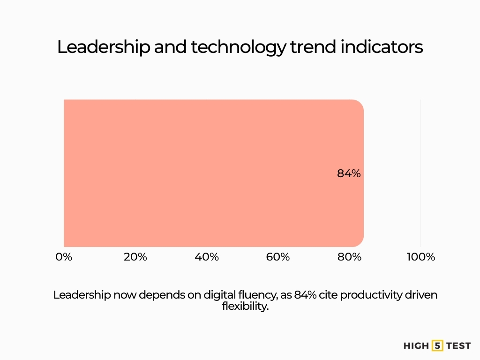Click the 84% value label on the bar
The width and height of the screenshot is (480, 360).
[x=349, y=173]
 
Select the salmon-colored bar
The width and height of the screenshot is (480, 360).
[x=211, y=173]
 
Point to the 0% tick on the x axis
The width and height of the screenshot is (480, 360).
[x=64, y=257]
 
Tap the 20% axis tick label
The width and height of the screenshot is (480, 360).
[x=135, y=257]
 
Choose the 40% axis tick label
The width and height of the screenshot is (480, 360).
[x=207, y=257]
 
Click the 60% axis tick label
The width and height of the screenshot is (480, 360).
[x=278, y=257]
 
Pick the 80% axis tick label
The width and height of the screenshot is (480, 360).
[x=350, y=257]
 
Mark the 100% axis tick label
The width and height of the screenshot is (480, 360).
[x=420, y=257]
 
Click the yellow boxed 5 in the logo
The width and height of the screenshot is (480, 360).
[x=437, y=346]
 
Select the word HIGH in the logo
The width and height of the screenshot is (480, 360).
[x=416, y=346]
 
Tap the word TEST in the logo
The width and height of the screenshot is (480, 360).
[x=458, y=346]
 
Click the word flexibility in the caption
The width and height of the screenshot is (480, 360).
[x=245, y=307]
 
